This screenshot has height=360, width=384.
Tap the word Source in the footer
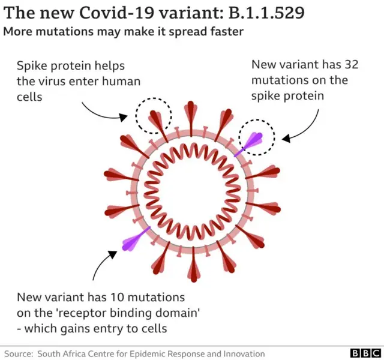tap(17, 353)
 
